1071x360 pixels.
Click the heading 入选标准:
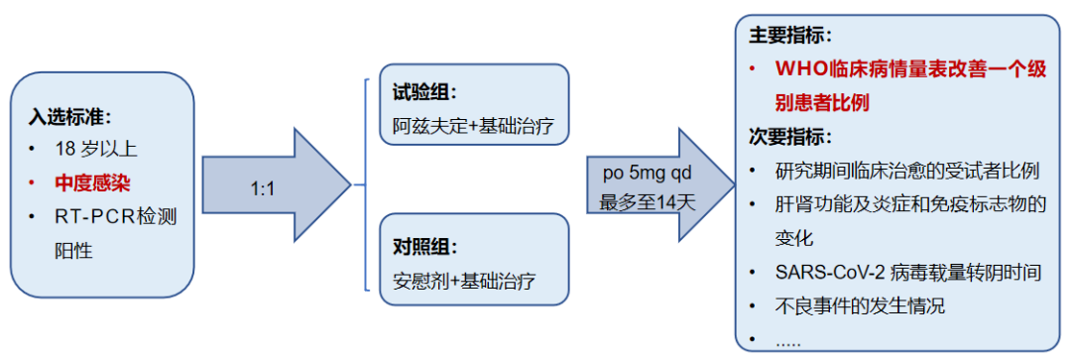click(70, 116)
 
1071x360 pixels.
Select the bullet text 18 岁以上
click(96, 150)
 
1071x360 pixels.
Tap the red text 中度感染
click(93, 182)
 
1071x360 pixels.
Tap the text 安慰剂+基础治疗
click(463, 279)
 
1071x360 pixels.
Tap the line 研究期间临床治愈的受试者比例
click(906, 170)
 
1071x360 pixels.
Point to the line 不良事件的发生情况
click(860, 304)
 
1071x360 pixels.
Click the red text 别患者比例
click(823, 102)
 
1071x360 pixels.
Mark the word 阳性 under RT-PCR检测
click(73, 250)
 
